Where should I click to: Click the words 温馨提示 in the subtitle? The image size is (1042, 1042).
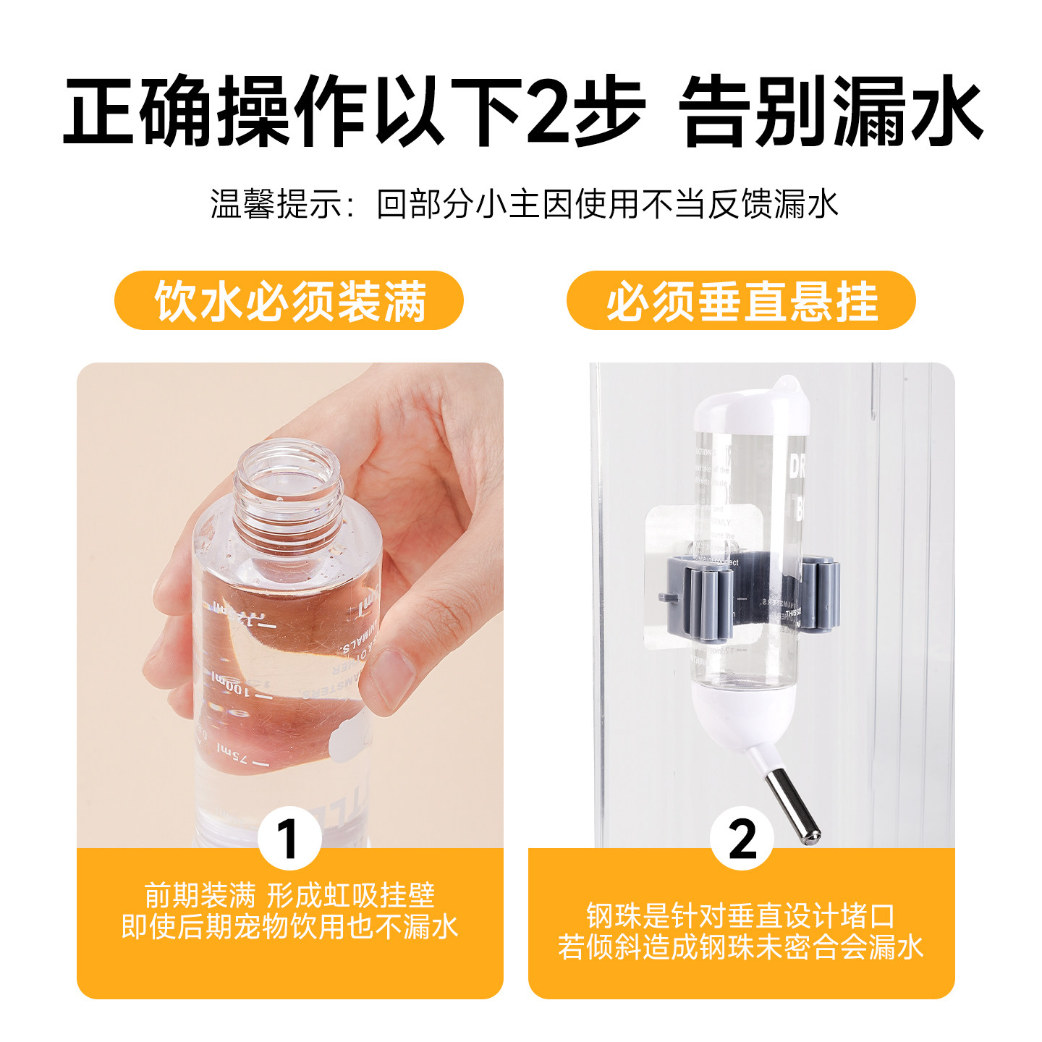[x=275, y=204]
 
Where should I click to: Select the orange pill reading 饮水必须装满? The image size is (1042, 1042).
[x=289, y=300]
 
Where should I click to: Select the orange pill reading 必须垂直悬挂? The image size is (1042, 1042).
[x=741, y=300]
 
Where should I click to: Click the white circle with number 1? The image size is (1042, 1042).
[x=289, y=839]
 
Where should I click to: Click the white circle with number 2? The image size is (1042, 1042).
[x=742, y=839]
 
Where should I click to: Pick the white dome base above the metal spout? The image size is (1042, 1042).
[x=743, y=713]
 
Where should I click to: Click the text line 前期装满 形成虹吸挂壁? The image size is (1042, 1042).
[x=289, y=896]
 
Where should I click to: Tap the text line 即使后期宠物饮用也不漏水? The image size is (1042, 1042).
[x=289, y=927]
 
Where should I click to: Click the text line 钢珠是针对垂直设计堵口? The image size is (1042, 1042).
[x=741, y=916]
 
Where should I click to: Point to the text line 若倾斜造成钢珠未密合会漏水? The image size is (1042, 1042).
[x=741, y=947]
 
